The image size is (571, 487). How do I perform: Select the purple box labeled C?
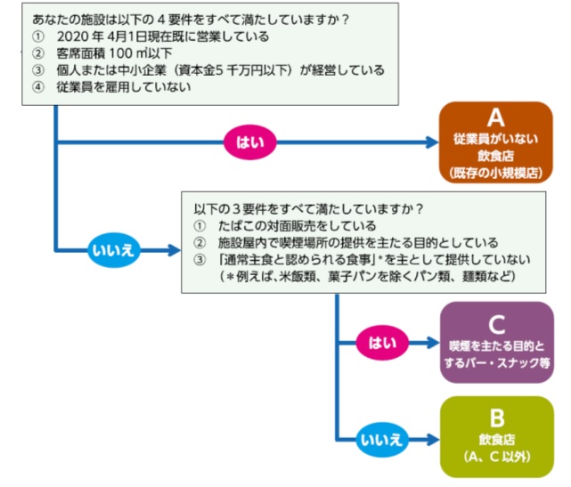[x=496, y=342]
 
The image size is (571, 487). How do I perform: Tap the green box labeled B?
[x=496, y=436]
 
